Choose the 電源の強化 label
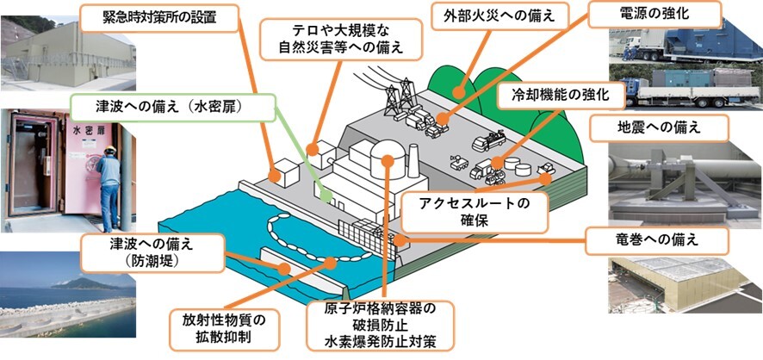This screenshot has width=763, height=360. (655, 15)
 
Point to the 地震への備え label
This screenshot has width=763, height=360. (659, 127)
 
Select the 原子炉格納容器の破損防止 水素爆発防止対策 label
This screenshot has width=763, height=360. (382, 325)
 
